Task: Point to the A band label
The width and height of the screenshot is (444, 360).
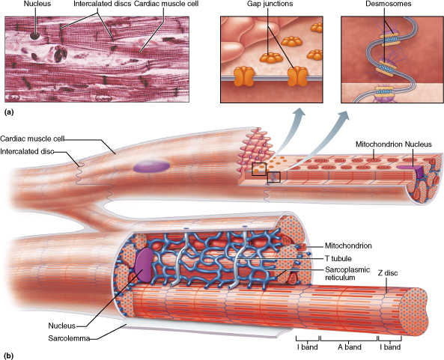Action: pyautogui.click(x=350, y=348)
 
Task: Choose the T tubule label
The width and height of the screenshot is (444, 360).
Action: pyautogui.click(x=338, y=257)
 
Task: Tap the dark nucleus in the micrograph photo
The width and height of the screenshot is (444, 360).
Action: pyautogui.click(x=34, y=34)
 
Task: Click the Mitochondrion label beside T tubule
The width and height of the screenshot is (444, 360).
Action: pyautogui.click(x=349, y=245)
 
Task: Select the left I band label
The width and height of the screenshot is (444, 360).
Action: pyautogui.click(x=305, y=348)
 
